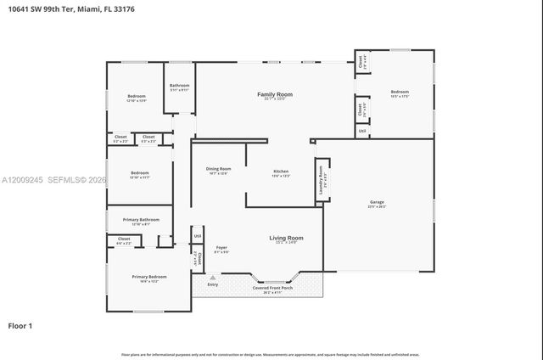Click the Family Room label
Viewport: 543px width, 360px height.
tap(274, 94)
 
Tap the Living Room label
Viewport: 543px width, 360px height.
tap(286, 238)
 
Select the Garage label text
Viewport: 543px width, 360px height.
tap(377, 202)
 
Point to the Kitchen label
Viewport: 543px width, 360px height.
tap(281, 172)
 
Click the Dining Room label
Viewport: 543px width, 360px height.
tap(218, 169)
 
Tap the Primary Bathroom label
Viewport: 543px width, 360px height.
tap(136, 219)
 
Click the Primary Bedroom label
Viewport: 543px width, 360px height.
tap(148, 277)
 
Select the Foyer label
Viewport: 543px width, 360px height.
tap(221, 248)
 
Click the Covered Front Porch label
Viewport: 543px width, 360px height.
tap(273, 288)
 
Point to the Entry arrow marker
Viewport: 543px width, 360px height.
tap(212, 277)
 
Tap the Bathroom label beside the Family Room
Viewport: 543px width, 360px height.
tap(179, 85)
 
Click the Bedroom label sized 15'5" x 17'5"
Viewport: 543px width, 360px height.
tap(400, 92)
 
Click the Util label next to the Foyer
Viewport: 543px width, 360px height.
tap(197, 236)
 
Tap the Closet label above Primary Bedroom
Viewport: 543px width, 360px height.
tap(124, 239)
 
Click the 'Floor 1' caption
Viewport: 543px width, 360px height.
tap(20, 325)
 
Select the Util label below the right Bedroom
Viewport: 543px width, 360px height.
tap(361, 131)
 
